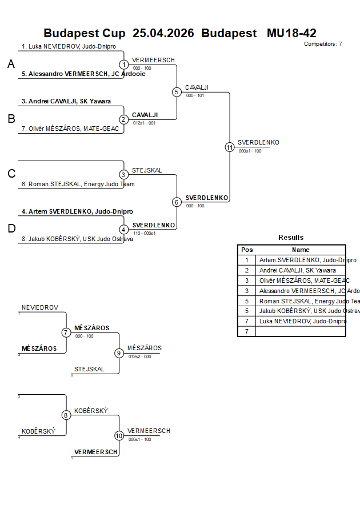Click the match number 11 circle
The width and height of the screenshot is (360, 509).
coord(230,147)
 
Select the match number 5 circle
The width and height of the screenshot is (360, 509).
coord(177,92)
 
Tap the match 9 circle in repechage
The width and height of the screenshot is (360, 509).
coord(119,353)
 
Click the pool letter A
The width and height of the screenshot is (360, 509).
coord(11,65)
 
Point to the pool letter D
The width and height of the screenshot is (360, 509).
coord(11,229)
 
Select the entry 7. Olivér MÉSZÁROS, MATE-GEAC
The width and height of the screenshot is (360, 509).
coord(70,129)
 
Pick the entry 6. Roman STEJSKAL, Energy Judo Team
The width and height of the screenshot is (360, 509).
coord(78,184)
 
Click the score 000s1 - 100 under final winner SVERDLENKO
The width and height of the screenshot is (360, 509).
coord(250,151)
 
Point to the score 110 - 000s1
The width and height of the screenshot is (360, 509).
coord(145,233)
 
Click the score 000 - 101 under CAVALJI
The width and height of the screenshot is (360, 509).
coord(195,95)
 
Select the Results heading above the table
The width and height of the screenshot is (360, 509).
coord(291,237)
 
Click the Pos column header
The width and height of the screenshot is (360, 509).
coord(247,250)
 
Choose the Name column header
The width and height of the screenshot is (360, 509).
coord(301,250)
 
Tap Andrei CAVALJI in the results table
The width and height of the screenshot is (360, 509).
coord(297,270)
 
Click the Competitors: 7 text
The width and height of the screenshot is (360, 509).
coord(323,43)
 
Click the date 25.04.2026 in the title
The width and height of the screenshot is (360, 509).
coord(163,33)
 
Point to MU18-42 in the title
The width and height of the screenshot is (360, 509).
coord(291,33)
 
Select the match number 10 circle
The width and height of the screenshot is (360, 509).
coord(119,436)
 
